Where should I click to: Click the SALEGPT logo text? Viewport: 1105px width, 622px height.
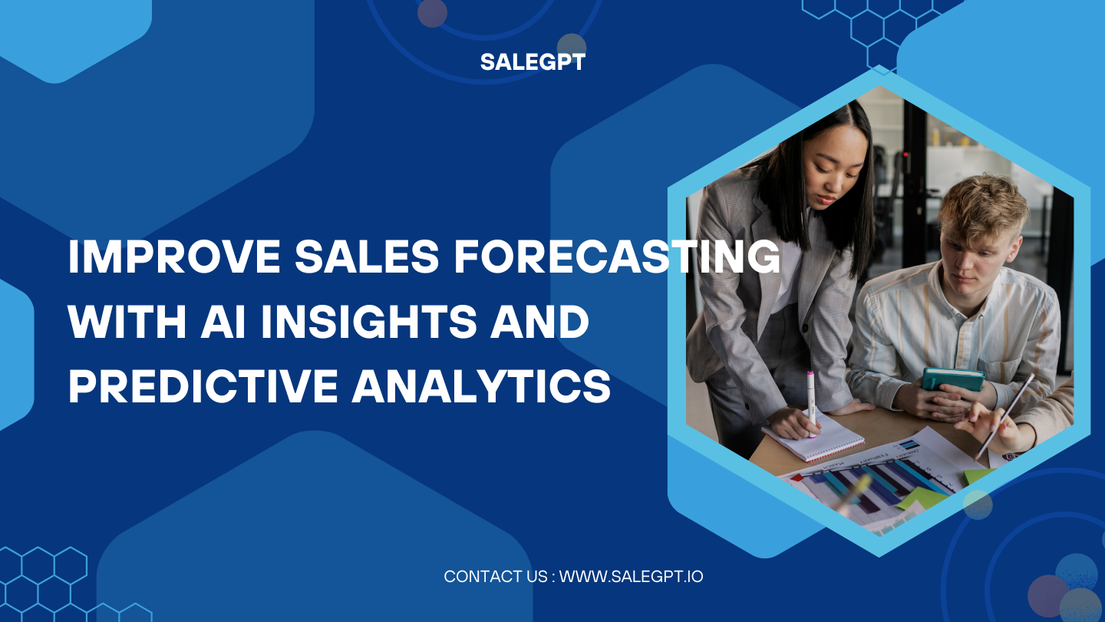click(x=533, y=62)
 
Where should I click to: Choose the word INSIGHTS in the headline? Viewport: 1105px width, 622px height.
click(x=369, y=323)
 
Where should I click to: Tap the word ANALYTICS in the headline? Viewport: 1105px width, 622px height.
click(x=482, y=387)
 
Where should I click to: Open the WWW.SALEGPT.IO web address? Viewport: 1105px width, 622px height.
click(x=631, y=576)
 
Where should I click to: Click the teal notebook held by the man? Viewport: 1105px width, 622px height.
click(x=952, y=379)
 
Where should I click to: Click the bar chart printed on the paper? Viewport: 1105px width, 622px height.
click(x=882, y=484)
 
